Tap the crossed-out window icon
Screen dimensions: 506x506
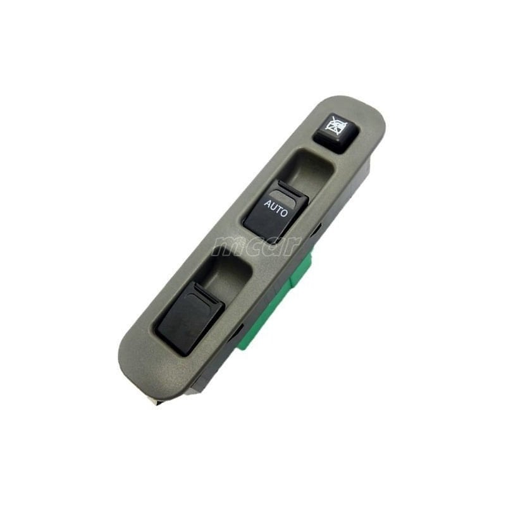tap(333, 125)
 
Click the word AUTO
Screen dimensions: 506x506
tap(275, 209)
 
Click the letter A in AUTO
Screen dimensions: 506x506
tap(266, 204)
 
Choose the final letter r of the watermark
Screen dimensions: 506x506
tap(292, 245)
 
